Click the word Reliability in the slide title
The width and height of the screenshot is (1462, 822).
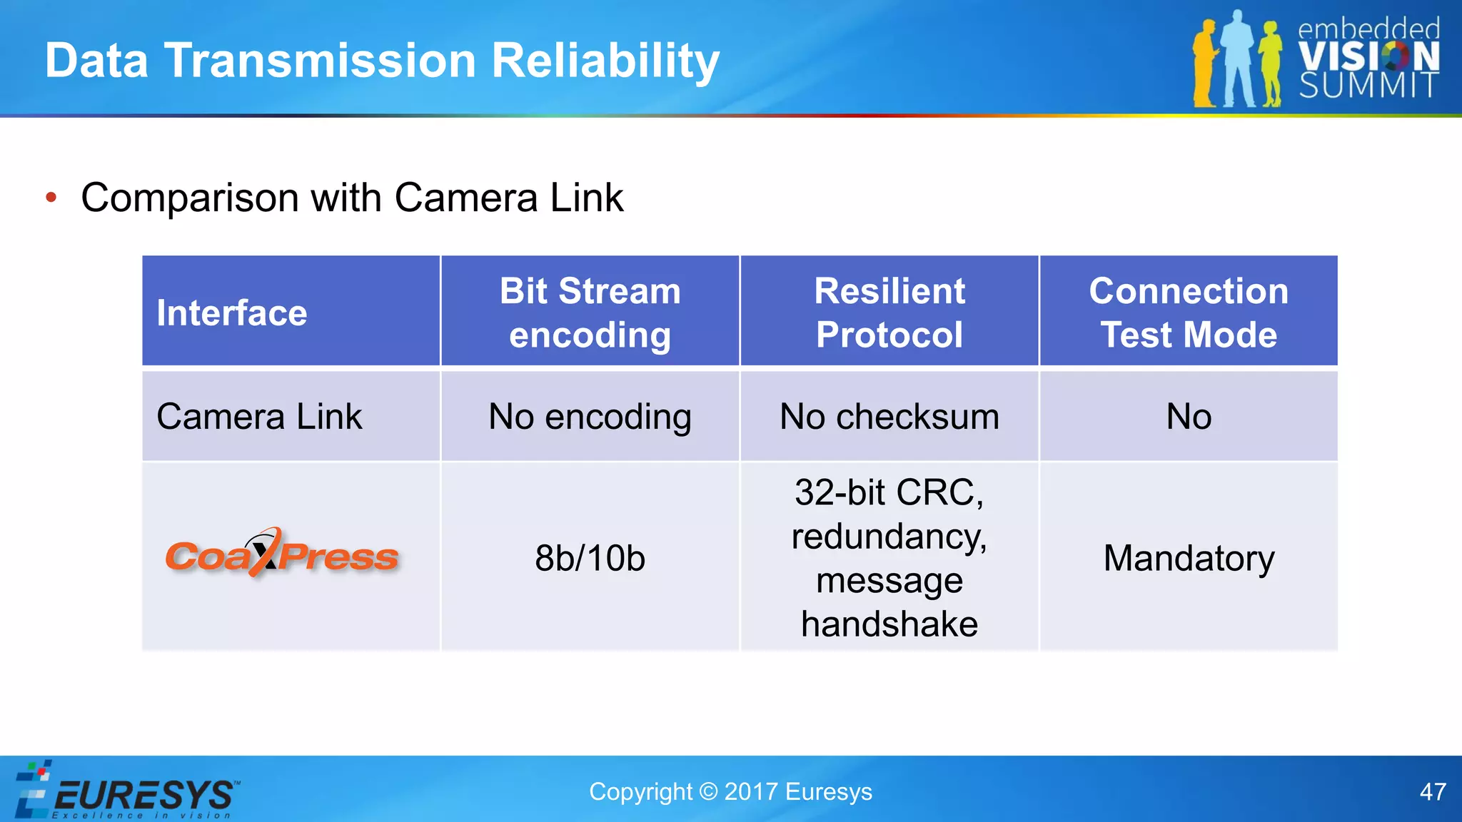click(605, 61)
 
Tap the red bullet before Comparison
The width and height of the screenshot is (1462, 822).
click(51, 198)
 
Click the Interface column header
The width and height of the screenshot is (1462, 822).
click(232, 313)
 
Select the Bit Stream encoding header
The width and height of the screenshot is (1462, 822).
click(590, 313)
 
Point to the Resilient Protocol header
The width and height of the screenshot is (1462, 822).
click(889, 313)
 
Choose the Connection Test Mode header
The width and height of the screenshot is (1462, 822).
click(1189, 313)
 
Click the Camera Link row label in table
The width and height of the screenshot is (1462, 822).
click(259, 417)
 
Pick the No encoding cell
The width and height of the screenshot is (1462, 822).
click(590, 417)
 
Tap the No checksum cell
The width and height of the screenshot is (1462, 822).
click(889, 417)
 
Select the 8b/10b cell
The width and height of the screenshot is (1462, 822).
click(590, 558)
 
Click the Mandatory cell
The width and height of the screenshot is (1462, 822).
click(1189, 558)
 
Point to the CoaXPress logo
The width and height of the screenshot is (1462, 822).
click(281, 555)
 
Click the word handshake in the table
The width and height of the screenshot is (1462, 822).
click(889, 624)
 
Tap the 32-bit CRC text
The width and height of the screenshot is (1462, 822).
click(889, 492)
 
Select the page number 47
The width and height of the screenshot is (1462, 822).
click(1432, 792)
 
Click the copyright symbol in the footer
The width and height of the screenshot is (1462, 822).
click(707, 792)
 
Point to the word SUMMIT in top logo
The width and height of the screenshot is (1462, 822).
click(1368, 86)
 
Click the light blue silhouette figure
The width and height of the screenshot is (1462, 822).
click(1239, 61)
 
